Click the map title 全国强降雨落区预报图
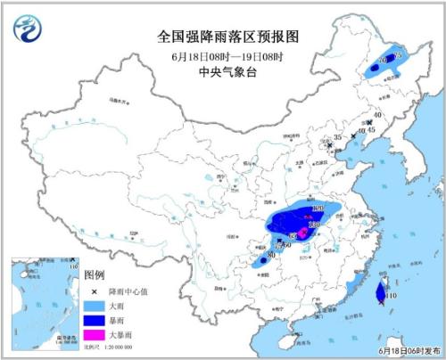pyautogui.click(x=223, y=37)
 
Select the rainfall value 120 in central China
pyautogui.click(x=314, y=225)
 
